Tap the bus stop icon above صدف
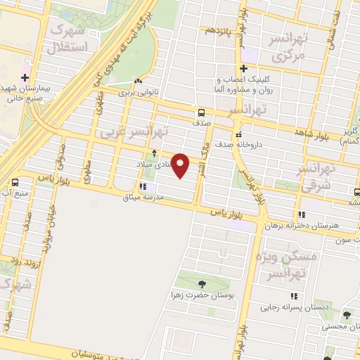click(202, 112)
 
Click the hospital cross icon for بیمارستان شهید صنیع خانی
click(25, 78)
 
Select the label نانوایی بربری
click(135, 92)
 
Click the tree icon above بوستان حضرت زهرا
click(202, 284)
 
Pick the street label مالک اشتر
click(202, 156)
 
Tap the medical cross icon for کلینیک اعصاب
click(243, 69)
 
